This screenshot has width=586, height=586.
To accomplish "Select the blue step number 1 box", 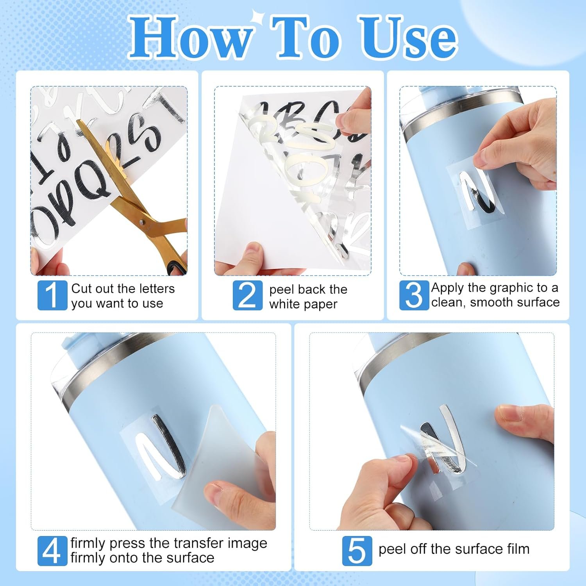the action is coord(52,295).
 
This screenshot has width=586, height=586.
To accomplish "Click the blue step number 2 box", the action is coord(248,295).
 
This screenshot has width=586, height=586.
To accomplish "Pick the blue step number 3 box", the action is coord(414,295).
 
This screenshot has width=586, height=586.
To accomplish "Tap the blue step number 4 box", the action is coord(52,550).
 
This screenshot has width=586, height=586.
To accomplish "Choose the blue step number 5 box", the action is coord(357,550).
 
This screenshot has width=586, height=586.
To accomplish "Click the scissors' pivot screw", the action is coord(141,223).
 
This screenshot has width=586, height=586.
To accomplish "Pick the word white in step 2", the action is coord(284,304).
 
